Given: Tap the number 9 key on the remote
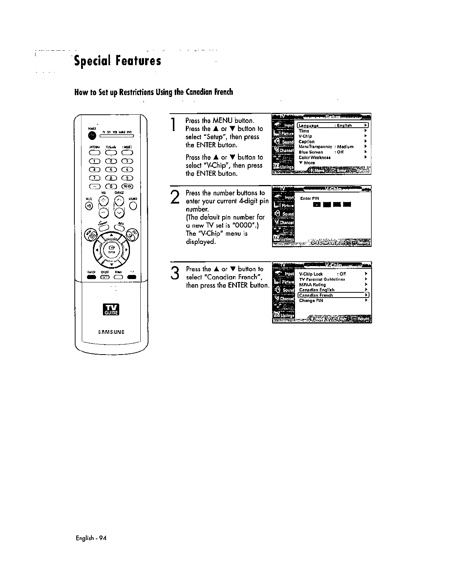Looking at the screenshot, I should [x=127, y=178].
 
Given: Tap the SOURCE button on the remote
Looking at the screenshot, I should [x=133, y=206].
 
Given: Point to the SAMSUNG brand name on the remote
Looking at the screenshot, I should [x=111, y=332].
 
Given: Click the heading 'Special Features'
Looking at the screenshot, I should [x=117, y=61].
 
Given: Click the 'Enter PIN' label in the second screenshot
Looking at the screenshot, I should [x=307, y=198].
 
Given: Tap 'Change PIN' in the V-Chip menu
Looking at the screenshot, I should [x=311, y=301].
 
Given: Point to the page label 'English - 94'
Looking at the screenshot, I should [x=90, y=538].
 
